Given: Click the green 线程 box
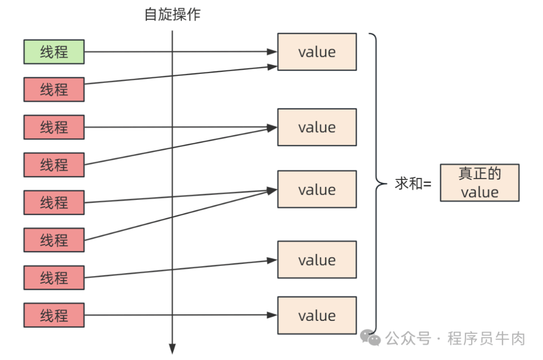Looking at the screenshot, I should click(54, 52).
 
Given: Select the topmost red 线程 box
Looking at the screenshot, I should click(54, 89).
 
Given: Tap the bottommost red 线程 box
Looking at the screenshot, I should click(54, 316).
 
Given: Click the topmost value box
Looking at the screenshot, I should click(317, 52).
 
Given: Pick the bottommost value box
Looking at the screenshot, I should click(317, 316).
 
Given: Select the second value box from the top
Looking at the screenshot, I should click(317, 127).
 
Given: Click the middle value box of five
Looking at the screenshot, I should click(317, 190).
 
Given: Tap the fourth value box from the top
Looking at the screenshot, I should click(317, 260).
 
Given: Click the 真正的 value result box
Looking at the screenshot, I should click(479, 183).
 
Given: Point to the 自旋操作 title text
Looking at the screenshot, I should click(172, 15).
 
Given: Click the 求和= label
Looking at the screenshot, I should click(413, 184).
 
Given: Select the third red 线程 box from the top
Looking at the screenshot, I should click(54, 165).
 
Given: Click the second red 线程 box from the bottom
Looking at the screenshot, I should click(54, 278).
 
